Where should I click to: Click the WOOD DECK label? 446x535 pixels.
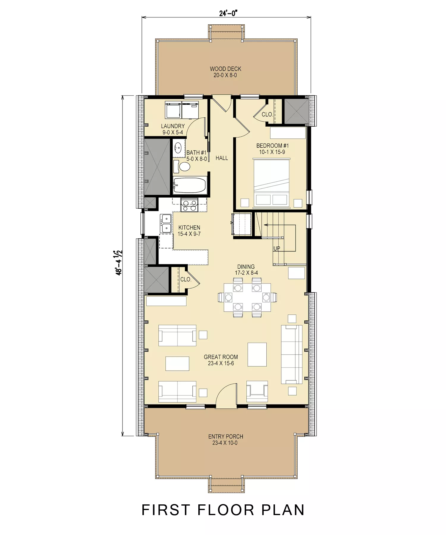click(x=225, y=69)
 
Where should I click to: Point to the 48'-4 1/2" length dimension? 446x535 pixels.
click(x=119, y=263)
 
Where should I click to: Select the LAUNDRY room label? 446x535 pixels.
click(x=173, y=126)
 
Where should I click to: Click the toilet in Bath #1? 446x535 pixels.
click(x=182, y=166)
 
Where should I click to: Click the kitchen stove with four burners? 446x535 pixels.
click(x=189, y=204)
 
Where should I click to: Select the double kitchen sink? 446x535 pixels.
click(x=166, y=224)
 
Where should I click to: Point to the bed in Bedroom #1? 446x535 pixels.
click(x=271, y=182)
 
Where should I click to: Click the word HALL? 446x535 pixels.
click(x=222, y=158)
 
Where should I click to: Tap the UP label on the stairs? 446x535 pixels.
click(x=277, y=248)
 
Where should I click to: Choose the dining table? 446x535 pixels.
click(x=247, y=298)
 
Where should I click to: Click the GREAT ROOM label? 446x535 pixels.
click(x=221, y=357)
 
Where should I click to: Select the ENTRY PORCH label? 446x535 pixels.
click(x=226, y=437)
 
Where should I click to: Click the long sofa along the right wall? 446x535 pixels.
click(x=292, y=354)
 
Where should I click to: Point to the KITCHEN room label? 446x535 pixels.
click(x=189, y=228)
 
